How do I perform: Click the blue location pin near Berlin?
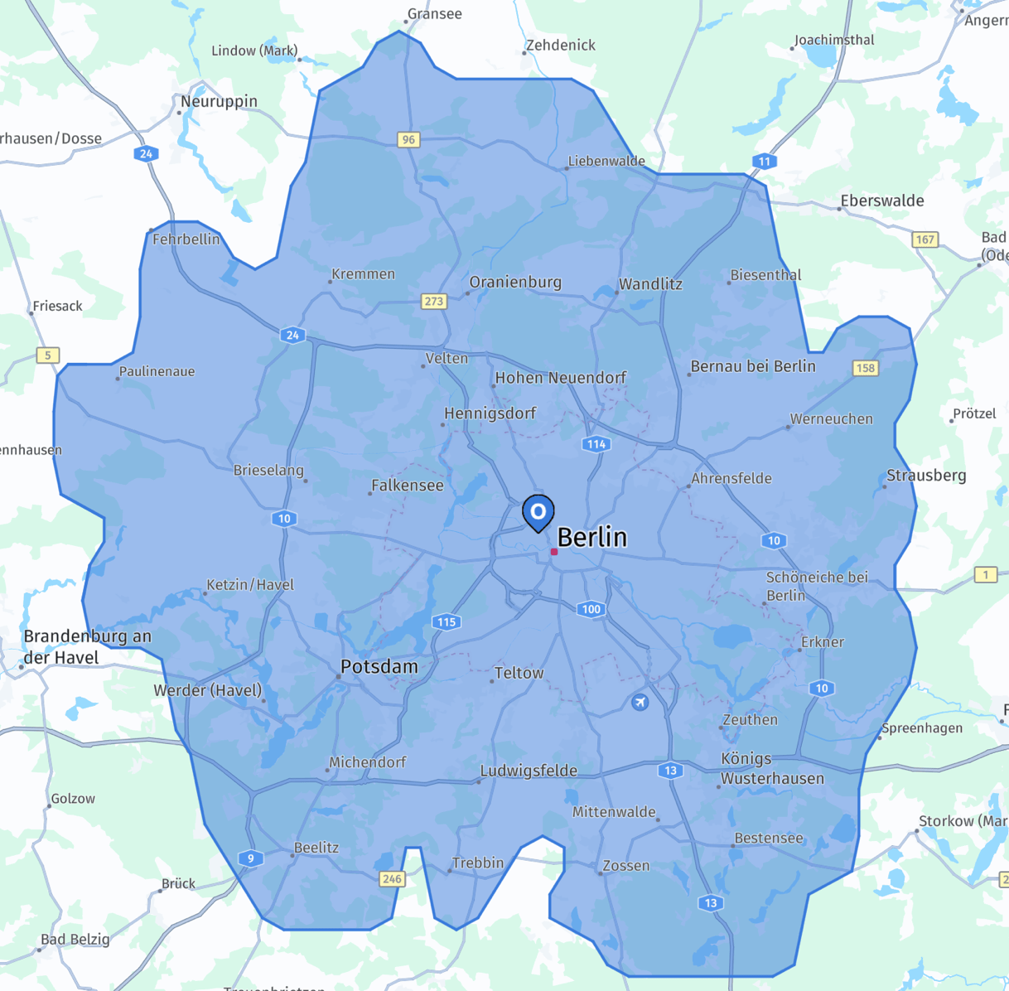pyautogui.click(x=538, y=512)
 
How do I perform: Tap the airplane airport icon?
pyautogui.click(x=640, y=703)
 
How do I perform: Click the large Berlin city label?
pyautogui.click(x=591, y=537)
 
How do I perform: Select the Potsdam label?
pyautogui.click(x=379, y=666)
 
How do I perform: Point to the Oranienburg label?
pyautogui.click(x=515, y=282)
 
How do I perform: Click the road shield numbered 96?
pyautogui.click(x=408, y=139)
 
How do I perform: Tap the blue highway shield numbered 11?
pyautogui.click(x=764, y=162)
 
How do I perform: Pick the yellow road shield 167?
pyautogui.click(x=925, y=239)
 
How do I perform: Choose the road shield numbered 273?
pyautogui.click(x=434, y=301)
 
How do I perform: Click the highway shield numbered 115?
pyautogui.click(x=447, y=621)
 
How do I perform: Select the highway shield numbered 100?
pyautogui.click(x=591, y=609)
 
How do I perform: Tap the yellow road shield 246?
pyautogui.click(x=392, y=879)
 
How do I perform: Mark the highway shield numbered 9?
pyautogui.click(x=250, y=858)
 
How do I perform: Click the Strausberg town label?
pyautogui.click(x=926, y=476)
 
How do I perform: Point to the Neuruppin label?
pyautogui.click(x=219, y=101)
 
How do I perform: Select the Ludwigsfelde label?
pyautogui.click(x=529, y=771)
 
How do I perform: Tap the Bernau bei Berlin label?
pyautogui.click(x=753, y=366)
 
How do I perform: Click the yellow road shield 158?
pyautogui.click(x=865, y=367)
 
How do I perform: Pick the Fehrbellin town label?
pyautogui.click(x=186, y=239)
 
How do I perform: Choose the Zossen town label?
pyautogui.click(x=625, y=866)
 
